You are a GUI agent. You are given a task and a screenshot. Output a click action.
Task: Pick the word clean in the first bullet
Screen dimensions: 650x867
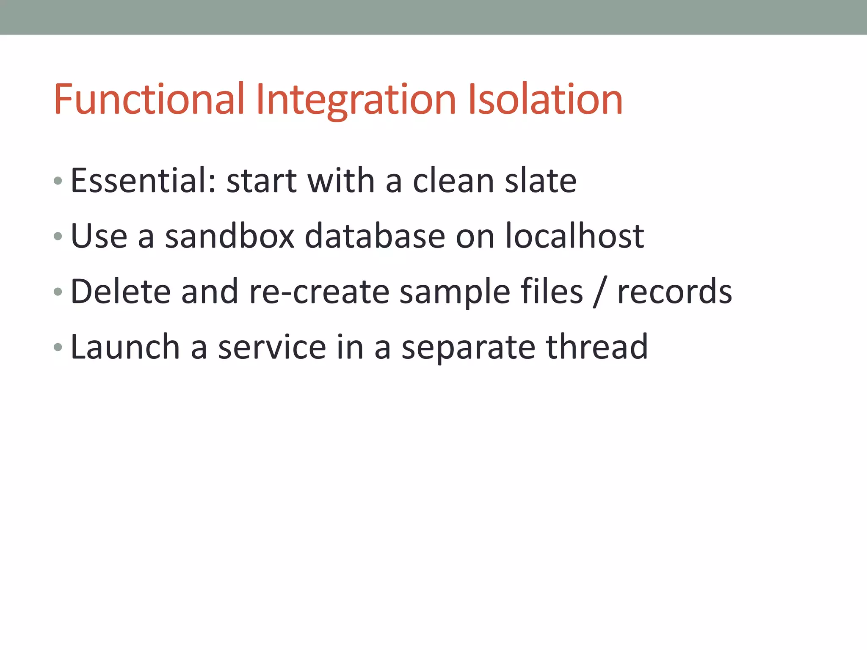(453, 181)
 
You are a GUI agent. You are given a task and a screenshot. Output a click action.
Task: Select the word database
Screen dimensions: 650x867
(375, 236)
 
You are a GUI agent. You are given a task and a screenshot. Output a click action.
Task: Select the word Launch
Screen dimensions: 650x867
(125, 347)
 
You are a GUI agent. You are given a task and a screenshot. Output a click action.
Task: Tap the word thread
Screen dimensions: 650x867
(597, 347)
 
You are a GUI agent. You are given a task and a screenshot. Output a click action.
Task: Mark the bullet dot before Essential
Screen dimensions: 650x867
(58, 182)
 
